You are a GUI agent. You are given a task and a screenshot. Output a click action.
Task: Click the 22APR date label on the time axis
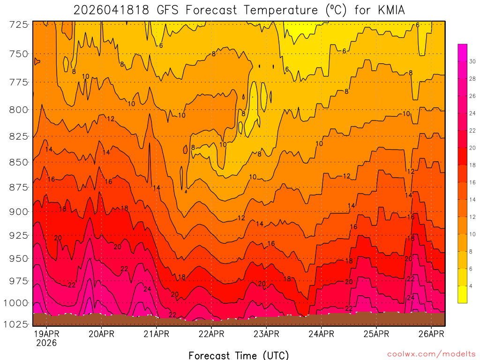211,334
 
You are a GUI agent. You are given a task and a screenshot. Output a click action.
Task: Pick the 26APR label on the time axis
431,334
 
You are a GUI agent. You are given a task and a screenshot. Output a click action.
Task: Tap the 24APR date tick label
321,334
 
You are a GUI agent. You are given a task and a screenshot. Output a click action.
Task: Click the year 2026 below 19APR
46,343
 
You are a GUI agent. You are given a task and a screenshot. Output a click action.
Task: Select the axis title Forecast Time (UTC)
239,355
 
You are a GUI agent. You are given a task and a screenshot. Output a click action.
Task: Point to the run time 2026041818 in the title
110,10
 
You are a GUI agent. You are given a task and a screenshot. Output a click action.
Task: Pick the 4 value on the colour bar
471,286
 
